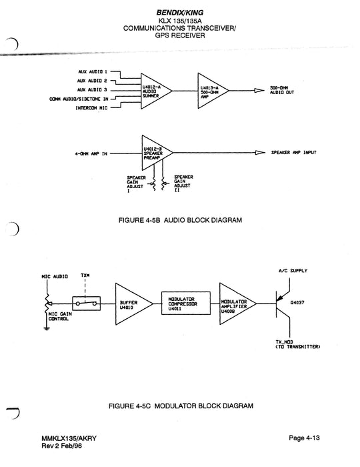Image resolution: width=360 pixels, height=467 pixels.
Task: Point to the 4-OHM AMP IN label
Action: click(x=92, y=153)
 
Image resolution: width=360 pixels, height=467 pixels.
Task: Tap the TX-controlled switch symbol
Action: click(x=85, y=304)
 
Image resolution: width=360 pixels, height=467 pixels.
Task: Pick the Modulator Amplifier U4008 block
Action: click(x=237, y=304)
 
